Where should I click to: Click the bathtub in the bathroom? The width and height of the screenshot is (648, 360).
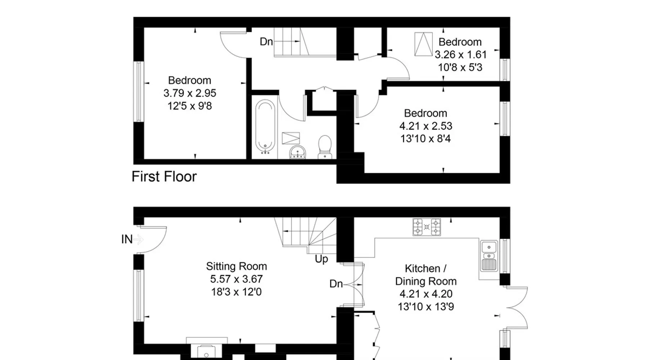click(x=265, y=127)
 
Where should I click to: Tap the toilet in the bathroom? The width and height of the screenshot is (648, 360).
click(x=325, y=147)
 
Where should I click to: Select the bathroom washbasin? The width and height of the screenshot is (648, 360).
click(x=298, y=152)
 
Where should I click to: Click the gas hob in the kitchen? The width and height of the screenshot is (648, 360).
click(x=427, y=227)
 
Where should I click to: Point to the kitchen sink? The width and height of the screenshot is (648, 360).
click(x=489, y=256)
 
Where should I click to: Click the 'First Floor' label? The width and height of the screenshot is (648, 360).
click(x=164, y=177)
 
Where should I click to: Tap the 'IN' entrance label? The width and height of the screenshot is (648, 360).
click(x=127, y=239)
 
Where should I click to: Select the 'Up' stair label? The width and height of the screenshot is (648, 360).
click(x=321, y=259)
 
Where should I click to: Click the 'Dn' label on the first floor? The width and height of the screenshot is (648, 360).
click(x=266, y=42)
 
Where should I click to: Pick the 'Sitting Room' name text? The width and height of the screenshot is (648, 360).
click(x=237, y=266)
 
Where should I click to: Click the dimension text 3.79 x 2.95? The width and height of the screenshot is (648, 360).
click(x=190, y=93)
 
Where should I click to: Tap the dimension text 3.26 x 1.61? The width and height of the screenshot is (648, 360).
click(x=460, y=55)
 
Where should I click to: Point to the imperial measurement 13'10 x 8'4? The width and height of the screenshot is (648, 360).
click(x=426, y=139)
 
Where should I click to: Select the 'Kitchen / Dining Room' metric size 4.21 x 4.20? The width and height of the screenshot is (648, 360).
click(x=426, y=294)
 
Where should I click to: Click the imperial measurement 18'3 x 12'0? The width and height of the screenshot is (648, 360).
click(x=237, y=292)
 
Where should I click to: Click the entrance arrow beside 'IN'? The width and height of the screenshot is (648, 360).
click(x=139, y=239)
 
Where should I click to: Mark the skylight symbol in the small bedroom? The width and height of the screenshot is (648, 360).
click(x=423, y=44)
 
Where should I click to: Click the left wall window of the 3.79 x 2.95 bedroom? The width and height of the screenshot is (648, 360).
click(x=139, y=92)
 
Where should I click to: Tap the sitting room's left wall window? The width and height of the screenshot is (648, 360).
click(x=139, y=296)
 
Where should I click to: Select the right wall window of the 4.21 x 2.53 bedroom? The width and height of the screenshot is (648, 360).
click(x=505, y=119)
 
